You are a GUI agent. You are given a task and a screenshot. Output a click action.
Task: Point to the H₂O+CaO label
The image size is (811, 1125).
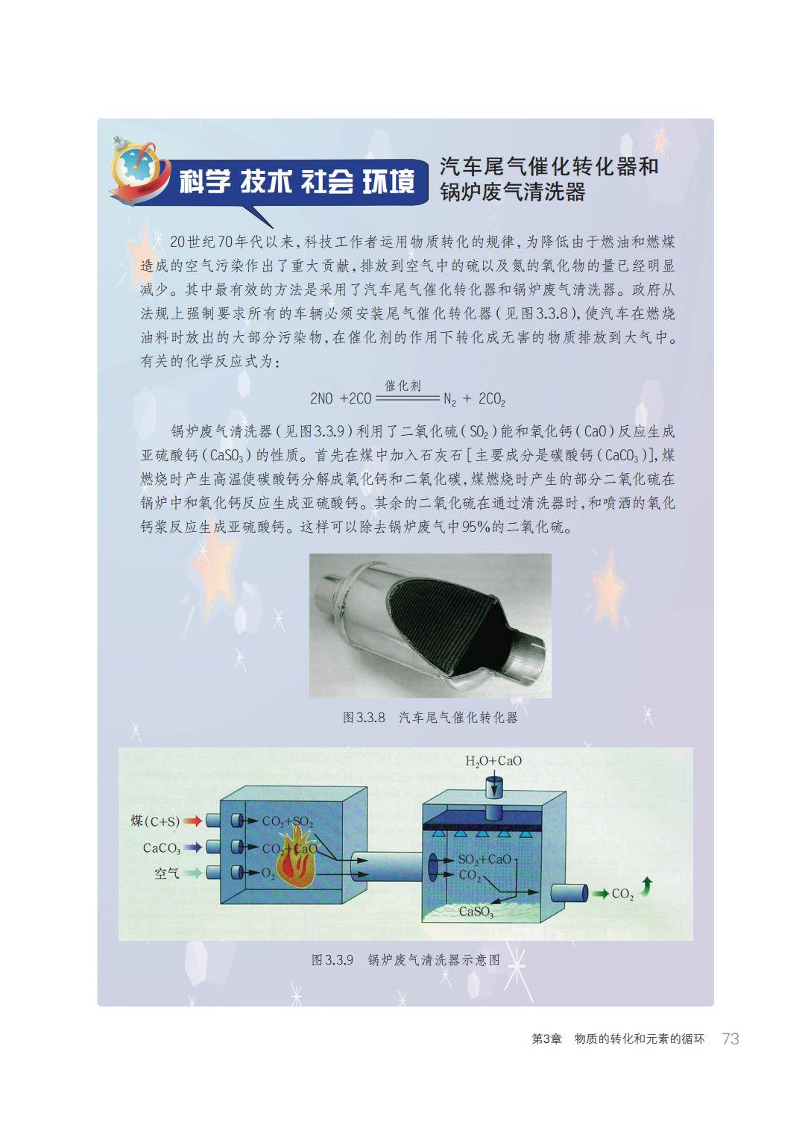[493, 762]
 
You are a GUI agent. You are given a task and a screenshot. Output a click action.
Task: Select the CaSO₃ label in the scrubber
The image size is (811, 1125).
[476, 912]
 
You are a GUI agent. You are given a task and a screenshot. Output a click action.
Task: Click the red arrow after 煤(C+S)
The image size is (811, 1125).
[192, 821]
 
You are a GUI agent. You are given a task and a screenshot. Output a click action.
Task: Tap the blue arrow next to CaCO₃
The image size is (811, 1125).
[192, 847]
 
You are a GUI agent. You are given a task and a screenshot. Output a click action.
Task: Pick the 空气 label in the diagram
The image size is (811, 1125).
[167, 874]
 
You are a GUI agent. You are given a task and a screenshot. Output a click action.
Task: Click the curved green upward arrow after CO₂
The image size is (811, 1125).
[647, 887]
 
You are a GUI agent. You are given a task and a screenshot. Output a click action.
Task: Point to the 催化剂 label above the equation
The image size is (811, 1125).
[403, 386]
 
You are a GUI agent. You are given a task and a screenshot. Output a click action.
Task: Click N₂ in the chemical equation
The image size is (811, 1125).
[449, 400]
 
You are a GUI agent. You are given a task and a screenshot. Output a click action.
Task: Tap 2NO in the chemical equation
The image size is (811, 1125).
[321, 399]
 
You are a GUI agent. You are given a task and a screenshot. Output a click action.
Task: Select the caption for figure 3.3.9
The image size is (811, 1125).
[405, 960]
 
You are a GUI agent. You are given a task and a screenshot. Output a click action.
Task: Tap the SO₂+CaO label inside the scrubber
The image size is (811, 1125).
[485, 859]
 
